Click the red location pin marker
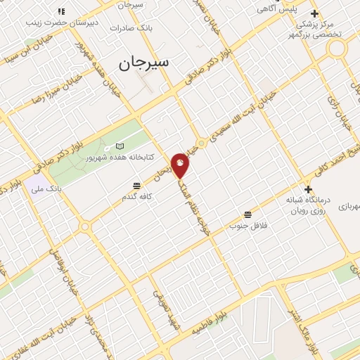tap(181, 165)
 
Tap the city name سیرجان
tap(144, 63)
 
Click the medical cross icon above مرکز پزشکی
tap(314, 14)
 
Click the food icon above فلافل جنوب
tap(247, 214)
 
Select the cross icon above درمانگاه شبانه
tap(308, 189)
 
